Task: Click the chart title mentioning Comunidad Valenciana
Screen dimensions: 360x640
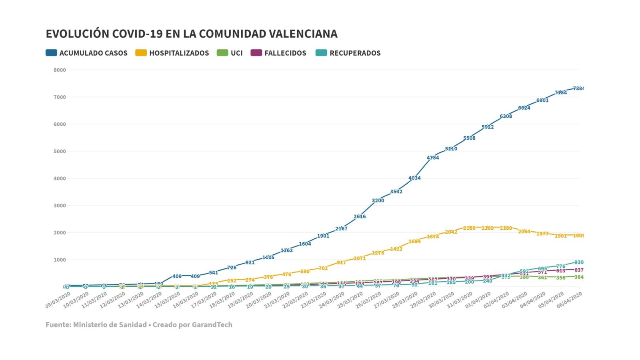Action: (x=192, y=34)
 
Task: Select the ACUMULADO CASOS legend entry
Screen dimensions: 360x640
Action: (x=87, y=53)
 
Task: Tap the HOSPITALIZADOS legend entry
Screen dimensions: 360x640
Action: (x=172, y=53)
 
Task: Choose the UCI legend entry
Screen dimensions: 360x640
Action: (x=230, y=53)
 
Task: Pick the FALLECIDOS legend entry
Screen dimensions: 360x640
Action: (x=278, y=53)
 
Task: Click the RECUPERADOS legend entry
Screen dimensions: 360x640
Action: (x=348, y=53)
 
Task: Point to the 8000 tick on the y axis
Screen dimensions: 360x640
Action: (x=60, y=70)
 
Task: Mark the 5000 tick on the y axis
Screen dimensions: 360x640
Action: (x=60, y=151)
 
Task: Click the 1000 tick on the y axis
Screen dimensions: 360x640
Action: (x=60, y=260)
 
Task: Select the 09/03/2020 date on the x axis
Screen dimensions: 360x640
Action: (x=58, y=300)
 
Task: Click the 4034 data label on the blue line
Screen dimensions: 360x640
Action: (x=414, y=178)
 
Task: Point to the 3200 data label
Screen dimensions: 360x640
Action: (x=378, y=200)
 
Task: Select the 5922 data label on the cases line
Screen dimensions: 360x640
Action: (x=488, y=127)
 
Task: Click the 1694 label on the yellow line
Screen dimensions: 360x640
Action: (x=414, y=241)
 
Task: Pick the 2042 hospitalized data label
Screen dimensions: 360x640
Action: (x=451, y=232)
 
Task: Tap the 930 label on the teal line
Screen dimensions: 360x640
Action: (x=578, y=262)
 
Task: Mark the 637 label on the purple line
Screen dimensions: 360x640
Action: (x=578, y=270)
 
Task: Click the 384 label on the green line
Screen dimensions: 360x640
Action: (x=578, y=277)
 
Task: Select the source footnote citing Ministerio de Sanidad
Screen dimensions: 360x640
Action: (x=139, y=324)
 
